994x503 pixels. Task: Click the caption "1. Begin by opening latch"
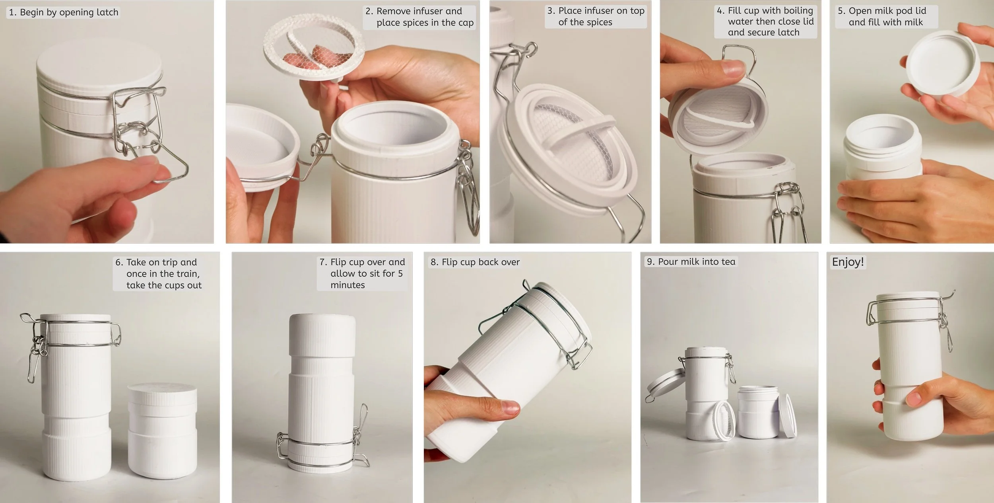click(64, 12)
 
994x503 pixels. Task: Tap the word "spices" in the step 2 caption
click(412, 23)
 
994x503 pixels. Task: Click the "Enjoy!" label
click(848, 262)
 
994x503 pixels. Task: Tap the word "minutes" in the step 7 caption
click(348, 285)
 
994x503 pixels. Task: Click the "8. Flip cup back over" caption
click(475, 262)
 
